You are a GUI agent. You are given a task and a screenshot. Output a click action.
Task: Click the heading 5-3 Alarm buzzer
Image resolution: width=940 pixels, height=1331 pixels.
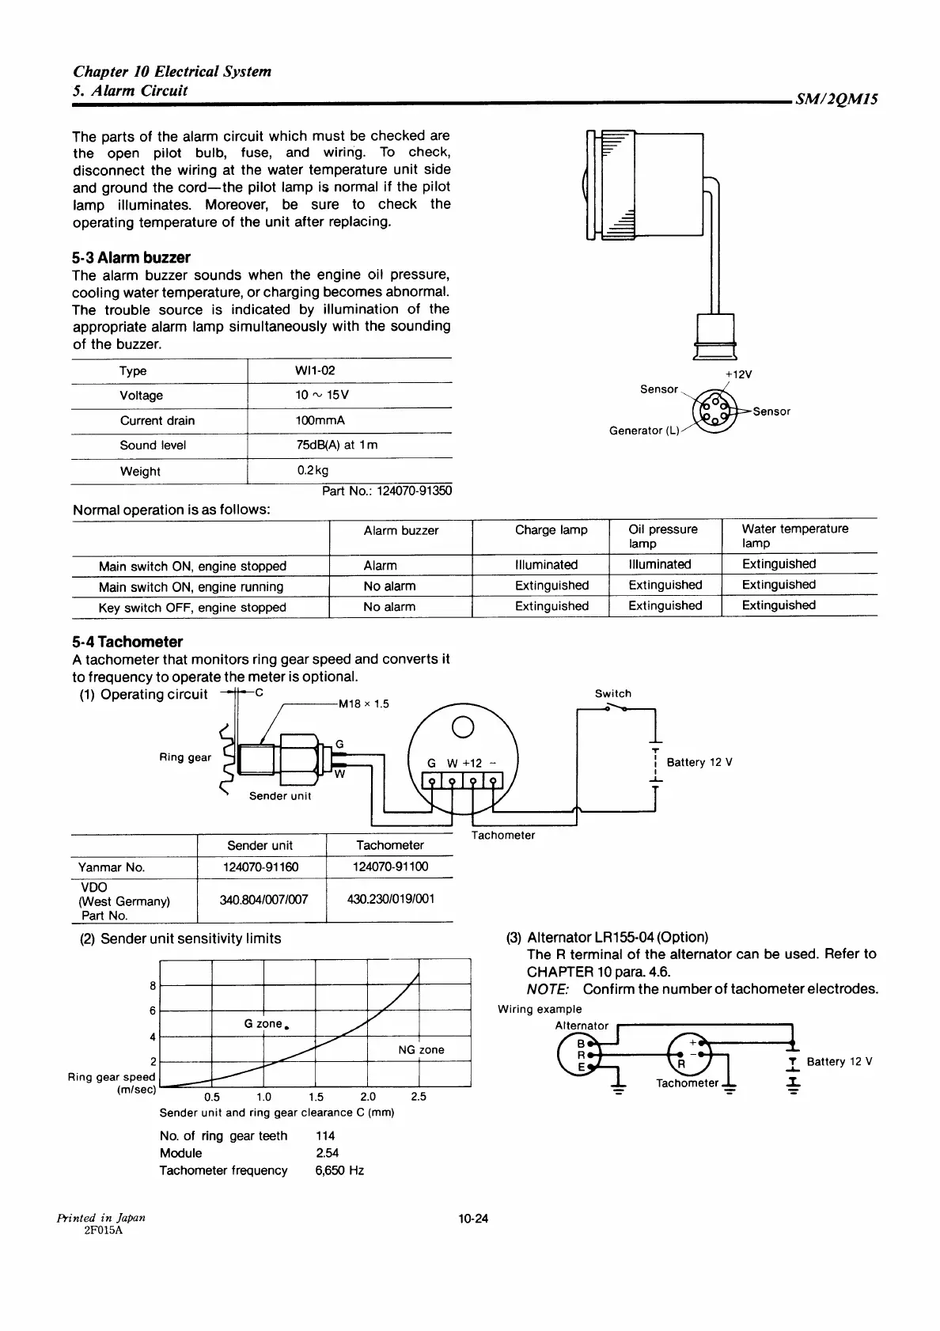pos(131,257)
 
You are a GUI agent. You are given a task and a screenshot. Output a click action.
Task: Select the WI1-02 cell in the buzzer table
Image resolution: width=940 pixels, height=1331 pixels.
pos(315,370)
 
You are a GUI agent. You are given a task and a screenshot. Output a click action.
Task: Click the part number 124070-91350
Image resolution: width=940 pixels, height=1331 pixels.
pos(387,491)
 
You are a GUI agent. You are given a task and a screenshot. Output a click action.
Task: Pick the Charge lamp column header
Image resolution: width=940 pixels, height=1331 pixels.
pos(551,529)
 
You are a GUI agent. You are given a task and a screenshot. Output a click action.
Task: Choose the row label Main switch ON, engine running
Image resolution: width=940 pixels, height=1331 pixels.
pos(191,586)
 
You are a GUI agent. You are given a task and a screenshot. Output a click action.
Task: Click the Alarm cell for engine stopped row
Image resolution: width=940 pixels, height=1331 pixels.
pos(380,565)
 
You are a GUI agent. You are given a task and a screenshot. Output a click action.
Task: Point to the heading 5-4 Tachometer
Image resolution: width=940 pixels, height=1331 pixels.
pos(127,642)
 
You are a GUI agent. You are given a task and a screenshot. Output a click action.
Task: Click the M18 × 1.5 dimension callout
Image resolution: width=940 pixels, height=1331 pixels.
pos(363,703)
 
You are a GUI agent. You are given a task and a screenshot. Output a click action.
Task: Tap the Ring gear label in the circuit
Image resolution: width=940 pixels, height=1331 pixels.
pos(185,757)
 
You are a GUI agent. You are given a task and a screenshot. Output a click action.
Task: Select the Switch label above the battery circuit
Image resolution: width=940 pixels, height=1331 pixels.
pos(613,693)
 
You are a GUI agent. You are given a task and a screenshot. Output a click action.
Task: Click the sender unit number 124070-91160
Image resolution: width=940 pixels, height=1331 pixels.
pos(261,866)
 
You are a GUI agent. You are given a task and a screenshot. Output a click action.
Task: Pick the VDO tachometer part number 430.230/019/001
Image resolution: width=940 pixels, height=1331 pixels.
pos(391,899)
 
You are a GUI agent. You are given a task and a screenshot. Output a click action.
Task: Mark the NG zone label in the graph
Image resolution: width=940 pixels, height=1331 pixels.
pos(421,1049)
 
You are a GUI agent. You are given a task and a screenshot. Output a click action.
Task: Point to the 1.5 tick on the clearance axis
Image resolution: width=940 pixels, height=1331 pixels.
pos(316,1097)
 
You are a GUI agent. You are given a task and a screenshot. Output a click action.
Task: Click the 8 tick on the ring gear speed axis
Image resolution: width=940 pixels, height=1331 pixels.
pos(153,986)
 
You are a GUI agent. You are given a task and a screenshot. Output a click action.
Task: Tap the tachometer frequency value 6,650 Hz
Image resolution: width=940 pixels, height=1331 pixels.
pos(339,1170)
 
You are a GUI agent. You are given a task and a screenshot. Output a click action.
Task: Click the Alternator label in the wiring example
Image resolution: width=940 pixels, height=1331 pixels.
pos(582,1026)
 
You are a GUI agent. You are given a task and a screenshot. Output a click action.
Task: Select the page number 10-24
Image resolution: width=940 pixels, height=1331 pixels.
pos(473,1218)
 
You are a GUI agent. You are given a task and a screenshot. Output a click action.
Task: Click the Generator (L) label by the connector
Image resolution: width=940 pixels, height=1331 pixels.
pos(644,430)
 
